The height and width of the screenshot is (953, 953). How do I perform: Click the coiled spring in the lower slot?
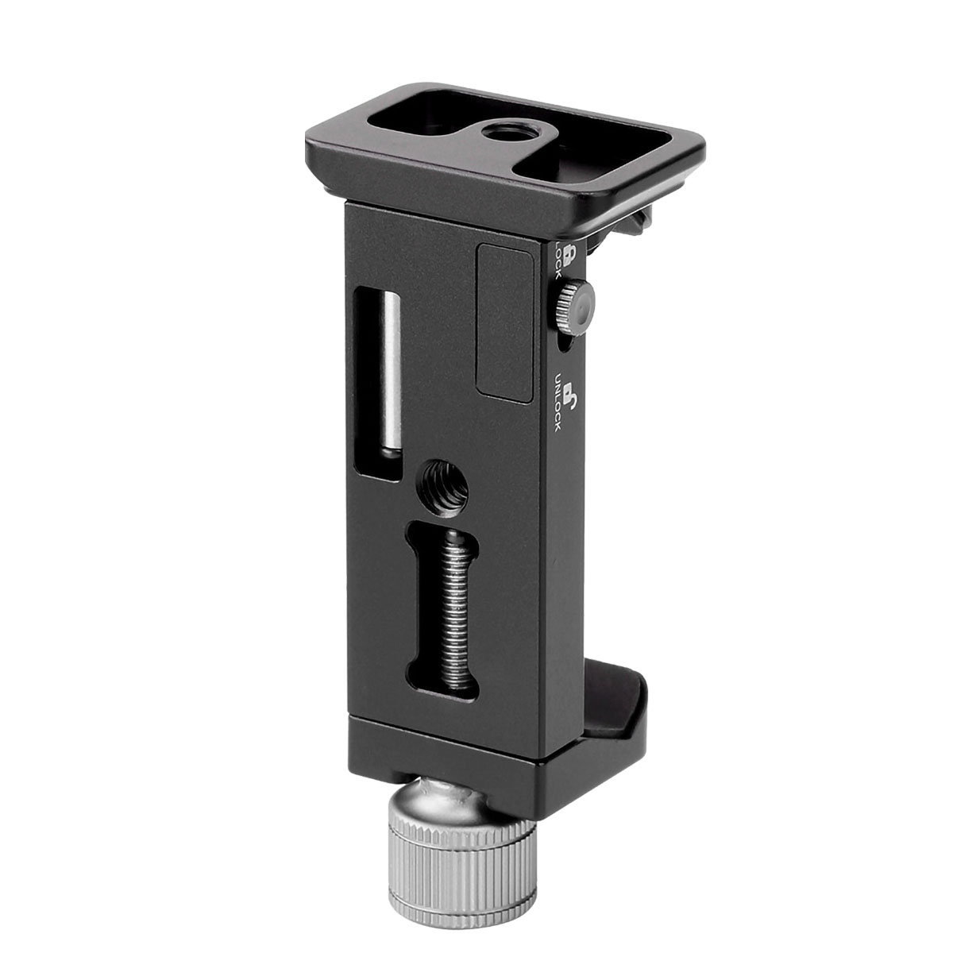click(446, 604)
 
